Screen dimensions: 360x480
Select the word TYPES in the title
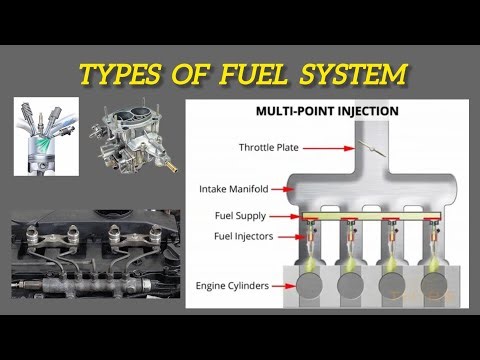pos(122,73)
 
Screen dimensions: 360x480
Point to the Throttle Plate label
pos(267,148)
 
